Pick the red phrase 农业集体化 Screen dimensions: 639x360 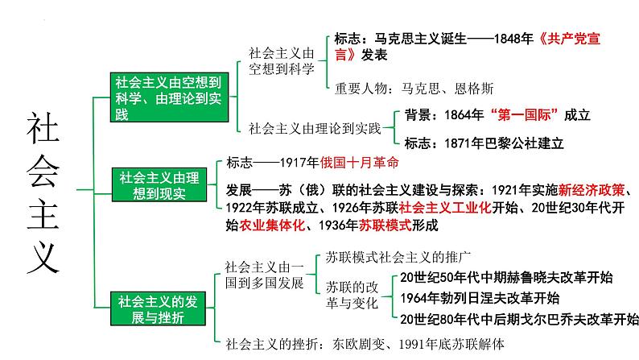(271, 226)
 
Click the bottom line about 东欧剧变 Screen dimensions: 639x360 (365, 344)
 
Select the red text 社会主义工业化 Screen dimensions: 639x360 (460, 209)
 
